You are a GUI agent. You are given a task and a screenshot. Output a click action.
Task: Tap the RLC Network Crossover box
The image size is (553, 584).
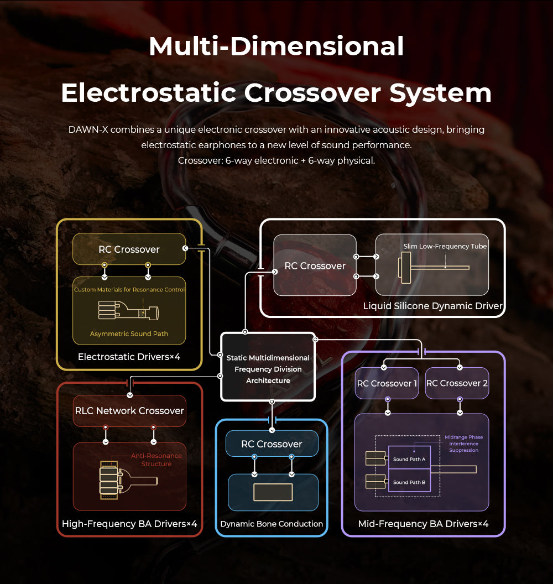pos(129,411)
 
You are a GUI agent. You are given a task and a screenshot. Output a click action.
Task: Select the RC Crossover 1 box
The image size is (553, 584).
pos(387,383)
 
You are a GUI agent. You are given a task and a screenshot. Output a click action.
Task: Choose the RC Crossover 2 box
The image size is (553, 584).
pos(457,383)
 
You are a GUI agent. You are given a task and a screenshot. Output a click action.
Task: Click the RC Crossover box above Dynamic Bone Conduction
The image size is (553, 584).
pos(272,444)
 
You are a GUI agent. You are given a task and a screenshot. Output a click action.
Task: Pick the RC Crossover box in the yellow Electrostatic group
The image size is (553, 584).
pos(129,249)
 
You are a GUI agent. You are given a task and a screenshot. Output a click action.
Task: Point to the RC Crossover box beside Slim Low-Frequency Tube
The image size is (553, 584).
pos(315,266)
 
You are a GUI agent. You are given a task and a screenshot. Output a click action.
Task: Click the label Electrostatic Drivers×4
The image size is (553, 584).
pos(129,357)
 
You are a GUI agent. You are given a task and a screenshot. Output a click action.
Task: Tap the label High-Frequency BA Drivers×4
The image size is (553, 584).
pos(129,524)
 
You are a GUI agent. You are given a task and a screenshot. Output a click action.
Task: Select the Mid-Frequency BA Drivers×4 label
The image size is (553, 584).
pos(423,524)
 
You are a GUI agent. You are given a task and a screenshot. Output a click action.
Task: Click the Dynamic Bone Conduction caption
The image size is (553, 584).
pos(272,524)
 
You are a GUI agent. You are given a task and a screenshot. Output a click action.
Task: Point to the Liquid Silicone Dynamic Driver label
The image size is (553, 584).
pos(432,306)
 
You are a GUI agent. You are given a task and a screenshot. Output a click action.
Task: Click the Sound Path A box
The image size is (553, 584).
pos(409,459)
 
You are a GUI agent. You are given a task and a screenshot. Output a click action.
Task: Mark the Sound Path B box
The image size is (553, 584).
pos(409,482)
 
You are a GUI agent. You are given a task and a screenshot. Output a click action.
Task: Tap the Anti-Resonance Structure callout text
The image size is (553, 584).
pos(156,460)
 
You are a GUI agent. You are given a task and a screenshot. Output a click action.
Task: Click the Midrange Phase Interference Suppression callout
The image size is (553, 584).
pos(463,444)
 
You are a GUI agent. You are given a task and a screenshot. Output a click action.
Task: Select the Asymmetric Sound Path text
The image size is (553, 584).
pos(129,334)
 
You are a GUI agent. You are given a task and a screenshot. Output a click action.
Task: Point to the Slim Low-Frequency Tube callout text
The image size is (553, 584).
pos(445,247)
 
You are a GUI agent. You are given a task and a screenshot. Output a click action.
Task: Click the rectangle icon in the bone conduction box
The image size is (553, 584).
pos(273,492)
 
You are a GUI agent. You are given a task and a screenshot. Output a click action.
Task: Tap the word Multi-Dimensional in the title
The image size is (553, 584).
pos(276,46)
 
